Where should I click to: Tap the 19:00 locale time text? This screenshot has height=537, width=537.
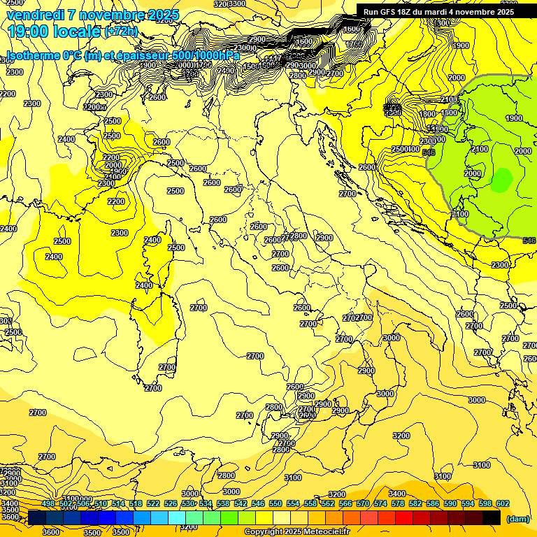53,31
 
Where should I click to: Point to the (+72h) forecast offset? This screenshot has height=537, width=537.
121,31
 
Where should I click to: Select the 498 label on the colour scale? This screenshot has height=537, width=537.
48,503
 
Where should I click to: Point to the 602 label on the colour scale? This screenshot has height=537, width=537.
503,503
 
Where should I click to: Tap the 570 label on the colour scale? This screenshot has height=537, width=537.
363,503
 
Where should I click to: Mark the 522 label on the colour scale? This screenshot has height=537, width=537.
153,503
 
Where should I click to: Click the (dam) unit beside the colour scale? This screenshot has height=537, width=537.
518,518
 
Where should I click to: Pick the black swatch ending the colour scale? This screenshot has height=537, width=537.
492,517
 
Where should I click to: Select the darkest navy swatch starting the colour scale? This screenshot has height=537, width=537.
37,517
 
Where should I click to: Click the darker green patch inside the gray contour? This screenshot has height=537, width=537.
501,180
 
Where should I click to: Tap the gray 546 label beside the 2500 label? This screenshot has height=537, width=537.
429,152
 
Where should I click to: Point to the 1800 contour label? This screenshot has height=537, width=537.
427,114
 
